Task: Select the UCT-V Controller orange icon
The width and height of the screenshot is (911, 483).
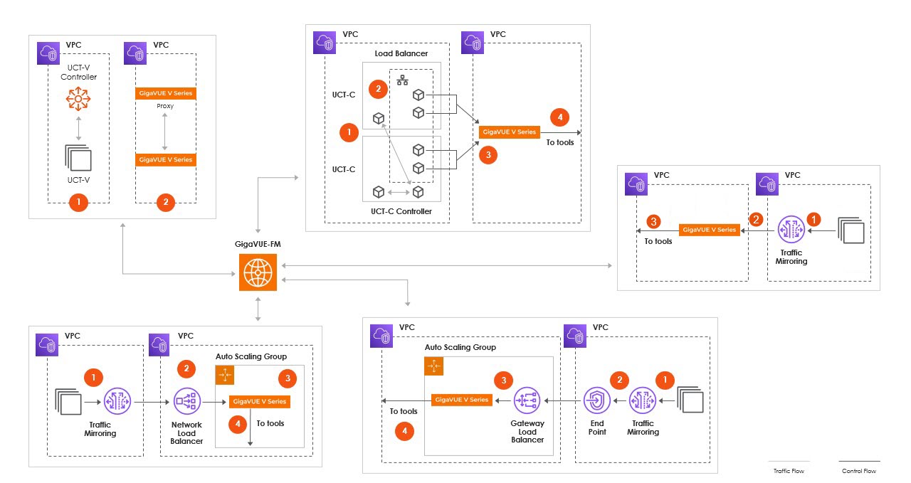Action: point(78,100)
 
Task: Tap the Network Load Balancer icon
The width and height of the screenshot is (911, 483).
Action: point(186,401)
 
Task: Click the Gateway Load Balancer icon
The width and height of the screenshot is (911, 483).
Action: point(527,400)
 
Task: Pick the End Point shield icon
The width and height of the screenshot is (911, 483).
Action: point(597,400)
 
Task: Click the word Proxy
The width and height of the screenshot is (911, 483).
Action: point(165,106)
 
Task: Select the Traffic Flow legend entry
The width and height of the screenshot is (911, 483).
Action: point(789,471)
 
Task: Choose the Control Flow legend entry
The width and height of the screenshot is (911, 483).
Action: point(859,471)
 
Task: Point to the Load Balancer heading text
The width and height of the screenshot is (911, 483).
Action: point(401,53)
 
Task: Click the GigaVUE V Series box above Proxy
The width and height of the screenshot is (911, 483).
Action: point(165,93)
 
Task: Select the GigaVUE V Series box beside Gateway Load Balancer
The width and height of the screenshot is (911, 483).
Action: point(461,400)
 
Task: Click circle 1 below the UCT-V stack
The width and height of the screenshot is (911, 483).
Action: point(78,203)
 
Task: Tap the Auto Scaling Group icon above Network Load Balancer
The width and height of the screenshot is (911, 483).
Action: point(225,376)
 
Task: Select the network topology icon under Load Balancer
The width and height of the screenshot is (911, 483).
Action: point(402,80)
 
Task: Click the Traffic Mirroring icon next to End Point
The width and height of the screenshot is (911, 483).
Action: point(643,400)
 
